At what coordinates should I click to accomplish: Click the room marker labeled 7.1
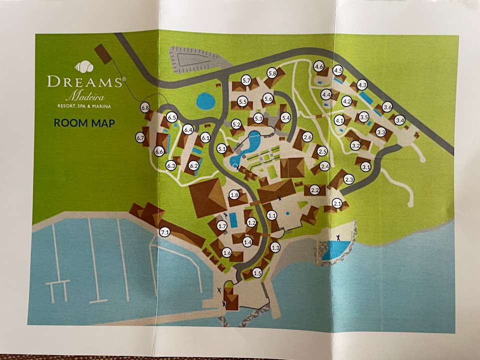point(165,232)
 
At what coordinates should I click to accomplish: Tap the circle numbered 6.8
point(145,107)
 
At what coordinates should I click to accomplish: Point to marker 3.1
point(366,167)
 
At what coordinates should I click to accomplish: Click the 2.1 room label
point(337,203)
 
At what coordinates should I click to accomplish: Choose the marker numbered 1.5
point(257,273)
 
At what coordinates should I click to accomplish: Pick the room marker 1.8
point(234,195)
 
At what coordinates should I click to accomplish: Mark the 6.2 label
point(193,165)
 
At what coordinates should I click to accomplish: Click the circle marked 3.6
point(387,107)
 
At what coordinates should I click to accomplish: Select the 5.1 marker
point(222,148)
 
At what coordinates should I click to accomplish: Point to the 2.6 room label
point(307,137)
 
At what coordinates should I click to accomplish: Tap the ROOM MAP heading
point(84,123)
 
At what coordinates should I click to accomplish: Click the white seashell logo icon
point(84,66)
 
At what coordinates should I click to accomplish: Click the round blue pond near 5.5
point(205,101)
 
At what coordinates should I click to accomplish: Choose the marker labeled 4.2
point(346,101)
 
